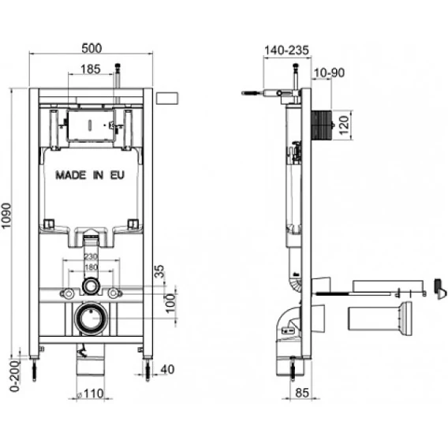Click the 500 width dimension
[91, 48]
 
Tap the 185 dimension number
[91, 69]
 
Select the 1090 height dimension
[6, 215]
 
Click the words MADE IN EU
[90, 175]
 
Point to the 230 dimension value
[91, 256]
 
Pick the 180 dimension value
[91, 267]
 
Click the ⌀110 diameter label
[90, 394]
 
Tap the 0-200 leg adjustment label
[15, 376]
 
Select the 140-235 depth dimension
[286, 50]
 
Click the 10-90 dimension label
[329, 73]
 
